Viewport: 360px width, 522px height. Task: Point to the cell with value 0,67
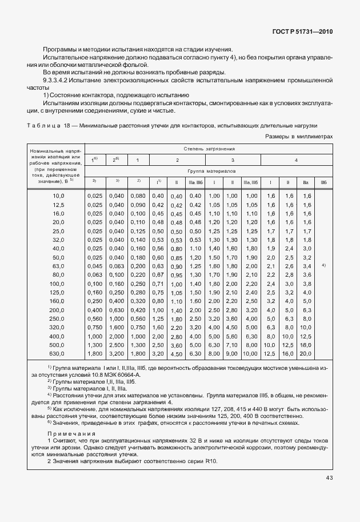[x=158, y=275]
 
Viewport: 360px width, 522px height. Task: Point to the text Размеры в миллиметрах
[x=299, y=137]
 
